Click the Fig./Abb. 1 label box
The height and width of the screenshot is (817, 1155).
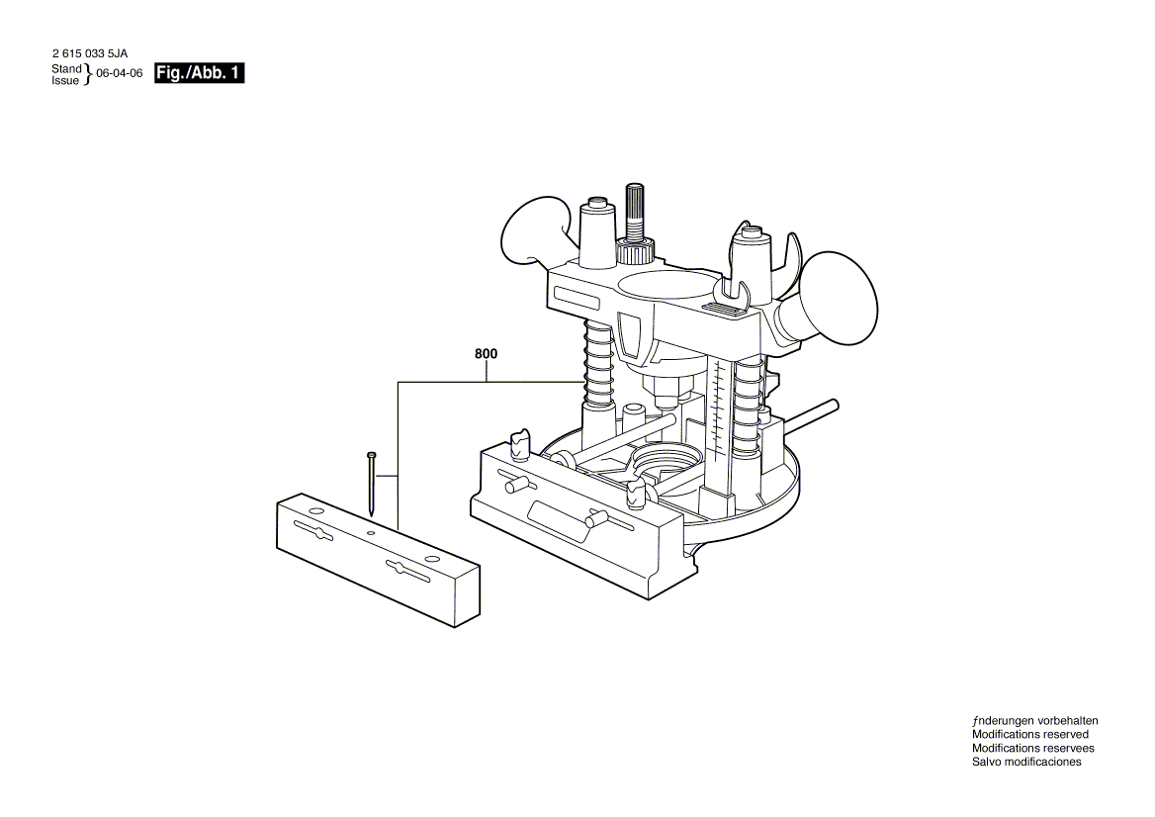(x=199, y=73)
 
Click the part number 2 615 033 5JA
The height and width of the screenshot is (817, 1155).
(x=90, y=53)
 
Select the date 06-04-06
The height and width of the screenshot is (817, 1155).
(x=120, y=73)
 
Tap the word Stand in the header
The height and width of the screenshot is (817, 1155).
(x=66, y=68)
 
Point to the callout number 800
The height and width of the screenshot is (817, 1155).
(x=487, y=354)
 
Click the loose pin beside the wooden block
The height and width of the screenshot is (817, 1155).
(x=372, y=484)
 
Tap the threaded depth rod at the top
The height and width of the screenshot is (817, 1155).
(x=634, y=211)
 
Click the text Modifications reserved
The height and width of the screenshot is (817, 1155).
(x=1029, y=734)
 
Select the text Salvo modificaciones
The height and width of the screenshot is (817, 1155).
(x=1026, y=762)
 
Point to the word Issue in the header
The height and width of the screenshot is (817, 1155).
(x=65, y=80)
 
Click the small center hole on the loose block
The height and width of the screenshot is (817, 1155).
(x=371, y=533)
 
